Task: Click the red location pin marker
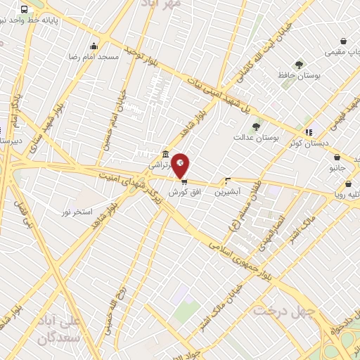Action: (x=180, y=165)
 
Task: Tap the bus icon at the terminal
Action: (x=25, y=10)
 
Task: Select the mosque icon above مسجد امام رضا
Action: (x=94, y=46)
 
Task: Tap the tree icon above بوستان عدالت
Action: (x=255, y=127)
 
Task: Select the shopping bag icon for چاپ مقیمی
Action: (x=342, y=41)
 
